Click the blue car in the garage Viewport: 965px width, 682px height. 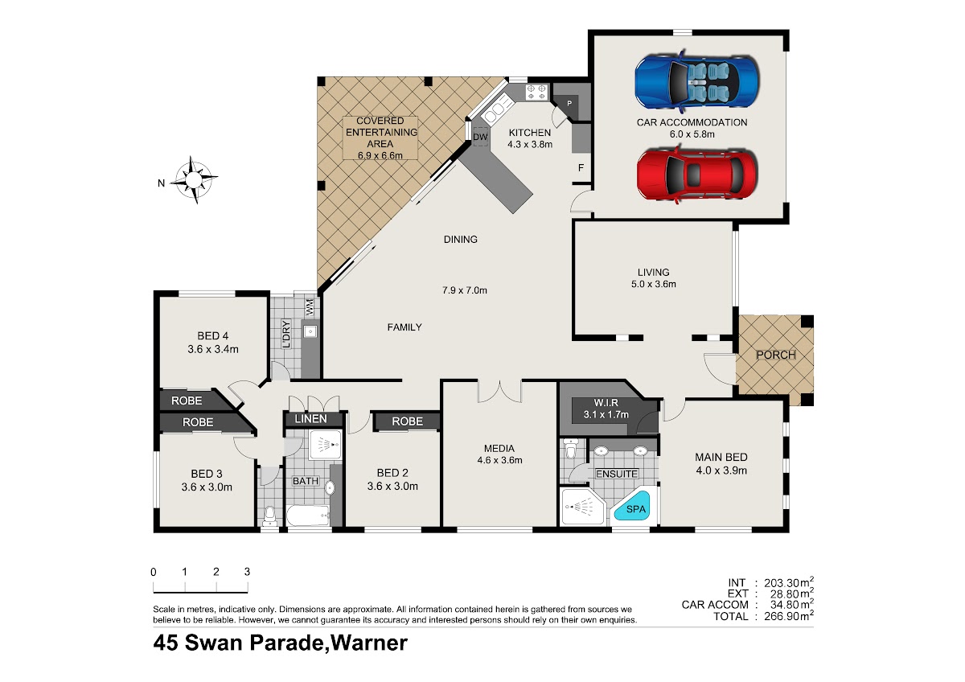click(696, 82)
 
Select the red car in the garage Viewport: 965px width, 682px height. click(696, 174)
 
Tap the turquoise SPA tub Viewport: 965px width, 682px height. click(634, 507)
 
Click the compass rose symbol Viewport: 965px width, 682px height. click(194, 179)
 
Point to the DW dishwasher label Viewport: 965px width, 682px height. click(480, 137)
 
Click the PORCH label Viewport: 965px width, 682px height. click(776, 355)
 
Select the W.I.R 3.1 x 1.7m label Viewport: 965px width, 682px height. click(606, 409)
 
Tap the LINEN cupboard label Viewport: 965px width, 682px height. click(310, 419)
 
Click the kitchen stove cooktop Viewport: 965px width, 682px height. click(536, 92)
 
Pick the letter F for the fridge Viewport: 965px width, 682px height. click(581, 167)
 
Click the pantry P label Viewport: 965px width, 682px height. click(569, 104)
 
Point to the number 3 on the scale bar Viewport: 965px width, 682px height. click(248, 572)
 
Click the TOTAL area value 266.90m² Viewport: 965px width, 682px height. click(789, 616)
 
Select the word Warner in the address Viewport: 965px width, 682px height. click(368, 643)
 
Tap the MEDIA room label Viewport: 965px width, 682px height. click(499, 449)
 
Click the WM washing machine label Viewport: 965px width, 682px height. click(310, 306)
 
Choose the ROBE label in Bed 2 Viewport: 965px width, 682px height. click(407, 421)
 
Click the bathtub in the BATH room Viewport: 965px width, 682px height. click(308, 516)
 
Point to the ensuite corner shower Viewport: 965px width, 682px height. click(583, 506)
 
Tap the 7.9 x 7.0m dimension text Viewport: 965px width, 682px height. click(465, 290)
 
